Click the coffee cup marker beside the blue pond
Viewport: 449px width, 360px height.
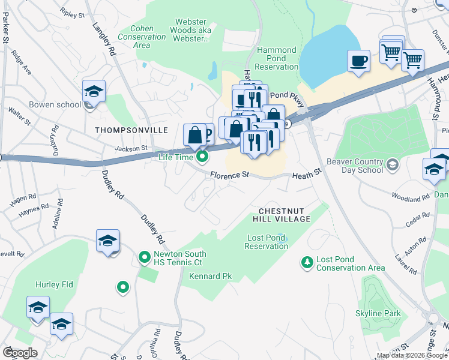pyautogui.click(x=358, y=61)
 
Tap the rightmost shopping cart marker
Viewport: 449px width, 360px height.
pyautogui.click(x=412, y=60)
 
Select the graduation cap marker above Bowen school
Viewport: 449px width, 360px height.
pyautogui.click(x=94, y=91)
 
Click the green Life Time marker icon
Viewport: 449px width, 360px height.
pyautogui.click(x=202, y=157)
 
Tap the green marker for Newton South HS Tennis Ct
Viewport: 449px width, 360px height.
pyautogui.click(x=144, y=257)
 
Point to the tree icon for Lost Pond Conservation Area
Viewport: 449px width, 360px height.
pyautogui.click(x=307, y=263)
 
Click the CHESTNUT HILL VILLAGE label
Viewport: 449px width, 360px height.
pyautogui.click(x=285, y=215)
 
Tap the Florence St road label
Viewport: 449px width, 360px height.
pyautogui.click(x=229, y=175)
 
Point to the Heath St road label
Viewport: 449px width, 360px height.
pyautogui.click(x=307, y=176)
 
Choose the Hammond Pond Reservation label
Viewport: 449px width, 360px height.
pyautogui.click(x=276, y=58)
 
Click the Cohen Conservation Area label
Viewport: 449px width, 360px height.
pyautogui.click(x=142, y=37)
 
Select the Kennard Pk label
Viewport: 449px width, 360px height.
pyautogui.click(x=210, y=277)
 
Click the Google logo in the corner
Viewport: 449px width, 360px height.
pyautogui.click(x=20, y=353)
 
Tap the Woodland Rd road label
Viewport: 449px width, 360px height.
pyautogui.click(x=410, y=196)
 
